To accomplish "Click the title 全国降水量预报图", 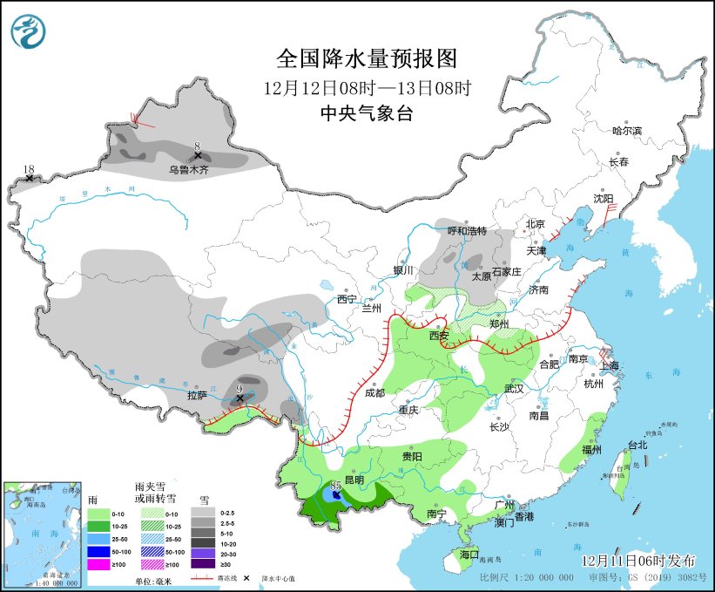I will click(366, 58).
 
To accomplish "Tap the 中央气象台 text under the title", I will click(366, 112).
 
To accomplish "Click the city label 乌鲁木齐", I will click(189, 171).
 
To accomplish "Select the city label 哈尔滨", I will click(626, 130).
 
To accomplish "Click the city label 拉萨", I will click(198, 394).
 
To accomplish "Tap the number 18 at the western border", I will click(29, 169).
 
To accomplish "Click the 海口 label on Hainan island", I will click(469, 555).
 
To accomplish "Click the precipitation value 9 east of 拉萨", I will click(239, 389).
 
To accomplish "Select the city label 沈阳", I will click(603, 199).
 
